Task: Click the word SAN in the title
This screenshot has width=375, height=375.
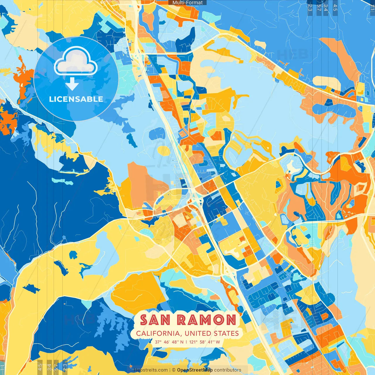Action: (x=155, y=320)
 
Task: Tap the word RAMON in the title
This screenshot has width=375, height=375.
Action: (x=207, y=320)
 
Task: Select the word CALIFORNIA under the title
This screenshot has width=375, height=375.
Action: (x=158, y=333)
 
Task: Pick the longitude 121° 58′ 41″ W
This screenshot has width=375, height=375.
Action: (x=204, y=342)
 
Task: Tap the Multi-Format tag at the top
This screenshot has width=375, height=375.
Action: (x=187, y=3)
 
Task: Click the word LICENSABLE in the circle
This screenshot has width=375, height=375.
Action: (x=76, y=99)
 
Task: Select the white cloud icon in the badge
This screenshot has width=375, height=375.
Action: (x=76, y=61)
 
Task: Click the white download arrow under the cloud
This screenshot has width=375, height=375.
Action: (x=72, y=84)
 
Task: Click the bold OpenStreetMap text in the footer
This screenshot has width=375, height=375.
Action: (x=195, y=370)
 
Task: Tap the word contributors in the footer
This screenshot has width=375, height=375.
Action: (x=228, y=370)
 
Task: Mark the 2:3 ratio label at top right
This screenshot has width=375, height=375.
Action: (x=310, y=7)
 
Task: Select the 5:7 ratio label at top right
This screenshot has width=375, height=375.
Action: (x=319, y=7)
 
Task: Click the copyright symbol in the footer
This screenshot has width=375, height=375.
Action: (x=173, y=370)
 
